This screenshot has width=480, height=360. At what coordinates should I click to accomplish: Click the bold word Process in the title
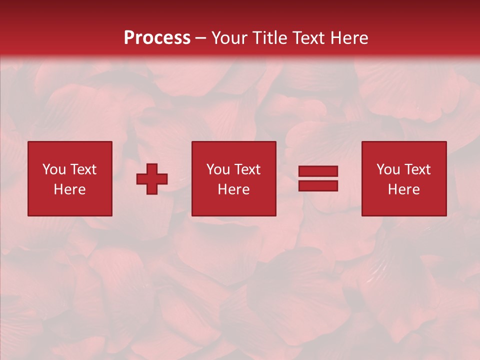click(x=157, y=38)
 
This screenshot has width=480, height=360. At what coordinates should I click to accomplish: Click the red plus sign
click(x=152, y=178)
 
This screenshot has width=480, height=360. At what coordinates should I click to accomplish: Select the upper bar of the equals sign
click(x=318, y=171)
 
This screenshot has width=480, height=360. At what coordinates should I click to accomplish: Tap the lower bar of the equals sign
click(x=318, y=185)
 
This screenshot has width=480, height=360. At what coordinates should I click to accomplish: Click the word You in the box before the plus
click(x=54, y=169)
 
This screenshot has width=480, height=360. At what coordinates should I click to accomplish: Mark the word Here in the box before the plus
click(x=69, y=189)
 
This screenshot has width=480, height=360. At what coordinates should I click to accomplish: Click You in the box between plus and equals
click(x=218, y=169)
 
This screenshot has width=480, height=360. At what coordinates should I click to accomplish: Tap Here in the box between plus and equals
click(x=233, y=189)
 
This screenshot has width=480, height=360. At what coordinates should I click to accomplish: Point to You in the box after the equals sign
click(x=388, y=169)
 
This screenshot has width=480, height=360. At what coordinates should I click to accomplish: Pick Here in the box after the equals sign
click(x=403, y=189)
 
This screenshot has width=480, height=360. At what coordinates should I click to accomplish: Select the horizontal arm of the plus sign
click(x=142, y=178)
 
